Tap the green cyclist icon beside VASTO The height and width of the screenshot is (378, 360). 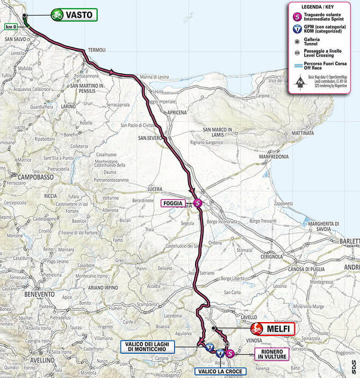click(x=57, y=15)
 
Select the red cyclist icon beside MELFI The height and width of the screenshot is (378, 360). click(x=257, y=328)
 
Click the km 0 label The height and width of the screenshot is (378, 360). click(x=11, y=26)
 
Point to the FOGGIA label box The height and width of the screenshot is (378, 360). click(x=172, y=204)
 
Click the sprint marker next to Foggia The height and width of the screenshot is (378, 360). click(x=198, y=203)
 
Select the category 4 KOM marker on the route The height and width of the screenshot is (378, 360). click(x=220, y=353)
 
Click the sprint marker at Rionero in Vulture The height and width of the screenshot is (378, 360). click(x=230, y=353)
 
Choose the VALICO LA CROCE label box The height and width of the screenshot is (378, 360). click(x=221, y=371)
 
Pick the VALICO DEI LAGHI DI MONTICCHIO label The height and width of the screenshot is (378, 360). click(x=143, y=346)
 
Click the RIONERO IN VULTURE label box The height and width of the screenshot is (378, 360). click(x=271, y=353)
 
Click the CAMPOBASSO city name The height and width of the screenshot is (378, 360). click(x=35, y=176)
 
